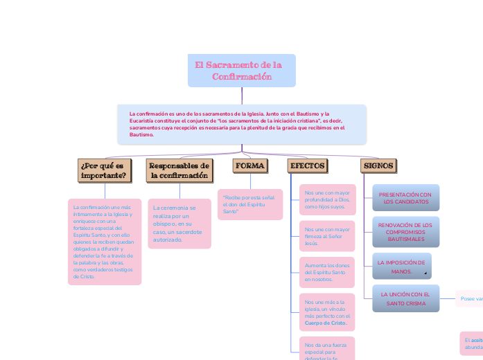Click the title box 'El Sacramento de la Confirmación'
[241, 71]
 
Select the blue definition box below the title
[241, 124]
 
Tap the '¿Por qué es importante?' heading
[105, 170]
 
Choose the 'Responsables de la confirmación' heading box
[179, 170]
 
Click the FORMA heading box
[250, 166]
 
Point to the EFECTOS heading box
[306, 166]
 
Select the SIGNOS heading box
[378, 166]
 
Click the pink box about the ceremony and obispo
[179, 223]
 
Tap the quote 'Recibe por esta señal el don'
[249, 204]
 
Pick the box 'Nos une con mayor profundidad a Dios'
[327, 199]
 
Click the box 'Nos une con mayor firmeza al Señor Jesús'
[327, 236]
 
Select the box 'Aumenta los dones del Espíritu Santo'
[327, 273]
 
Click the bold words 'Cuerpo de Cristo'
[326, 323]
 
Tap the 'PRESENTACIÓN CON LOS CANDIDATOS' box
[405, 198]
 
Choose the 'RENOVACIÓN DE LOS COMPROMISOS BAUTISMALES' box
[405, 232]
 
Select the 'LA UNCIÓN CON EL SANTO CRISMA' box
[405, 298]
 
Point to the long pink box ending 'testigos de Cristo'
[105, 242]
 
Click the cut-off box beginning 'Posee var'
[469, 299]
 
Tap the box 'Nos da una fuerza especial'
[327, 349]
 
